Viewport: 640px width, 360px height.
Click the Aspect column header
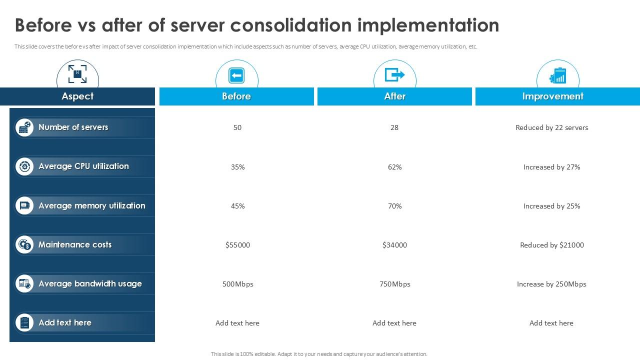point(77,96)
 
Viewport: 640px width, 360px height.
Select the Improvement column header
point(552,96)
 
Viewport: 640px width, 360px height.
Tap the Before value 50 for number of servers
point(237,127)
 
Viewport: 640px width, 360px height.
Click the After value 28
point(394,127)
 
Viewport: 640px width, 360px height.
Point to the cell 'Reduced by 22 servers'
point(551,127)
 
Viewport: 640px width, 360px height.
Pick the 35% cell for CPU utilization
point(237,167)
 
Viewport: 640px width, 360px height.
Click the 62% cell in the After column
point(394,167)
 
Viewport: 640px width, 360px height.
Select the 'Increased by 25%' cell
point(551,206)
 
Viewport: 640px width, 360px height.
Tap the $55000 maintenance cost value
point(237,245)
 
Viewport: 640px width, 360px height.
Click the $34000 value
point(394,245)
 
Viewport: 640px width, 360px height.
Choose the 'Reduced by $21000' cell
point(551,245)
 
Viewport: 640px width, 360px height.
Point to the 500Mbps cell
point(237,284)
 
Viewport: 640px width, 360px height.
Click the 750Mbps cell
point(394,284)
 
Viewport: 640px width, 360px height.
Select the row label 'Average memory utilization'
point(91,205)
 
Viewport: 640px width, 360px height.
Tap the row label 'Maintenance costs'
point(75,244)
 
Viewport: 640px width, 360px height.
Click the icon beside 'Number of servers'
point(24,127)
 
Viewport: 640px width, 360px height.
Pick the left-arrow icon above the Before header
point(236,75)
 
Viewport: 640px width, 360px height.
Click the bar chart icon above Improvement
point(558,76)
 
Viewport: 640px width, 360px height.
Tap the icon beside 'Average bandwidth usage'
point(24,284)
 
